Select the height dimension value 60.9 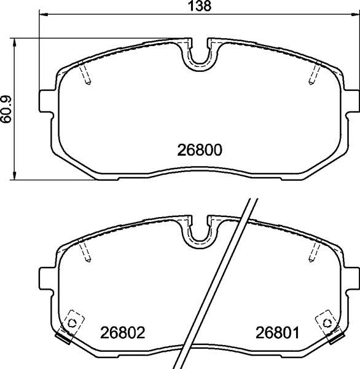tap(6, 109)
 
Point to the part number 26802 tap(122, 335)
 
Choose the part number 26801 tap(276, 335)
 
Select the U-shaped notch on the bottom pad tap(199, 234)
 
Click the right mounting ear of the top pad tap(350, 101)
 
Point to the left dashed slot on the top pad tap(86, 75)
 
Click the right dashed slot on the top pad tap(312, 75)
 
